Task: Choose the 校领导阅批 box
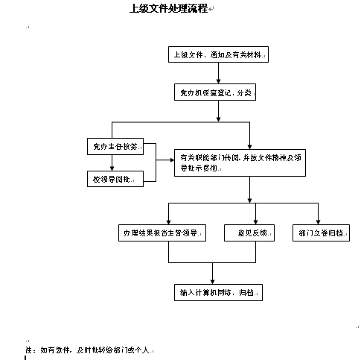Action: click(x=115, y=180)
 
